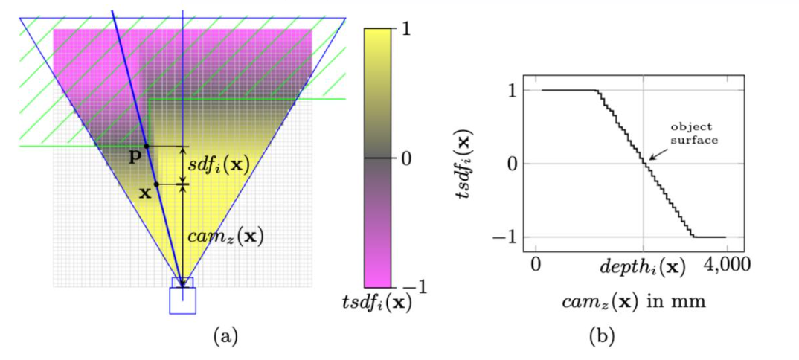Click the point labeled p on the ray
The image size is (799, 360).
[x=146, y=146]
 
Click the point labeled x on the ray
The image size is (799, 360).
[x=156, y=184]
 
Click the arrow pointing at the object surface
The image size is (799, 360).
[x=656, y=152]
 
